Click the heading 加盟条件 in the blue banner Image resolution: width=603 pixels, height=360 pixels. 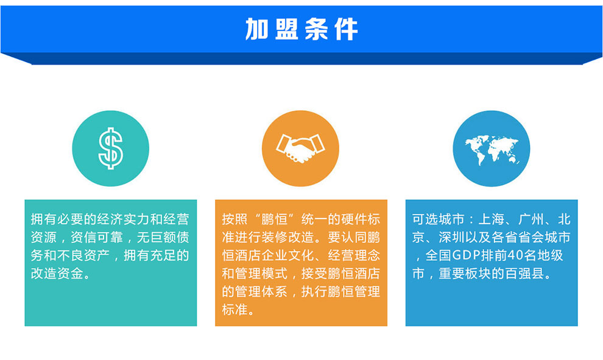[301, 29]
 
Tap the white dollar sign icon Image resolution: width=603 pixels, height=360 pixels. [111, 149]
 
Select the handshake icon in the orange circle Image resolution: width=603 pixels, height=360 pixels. [300, 148]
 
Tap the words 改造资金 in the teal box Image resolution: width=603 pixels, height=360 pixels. [57, 274]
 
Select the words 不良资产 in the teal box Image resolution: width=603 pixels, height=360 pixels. [84, 255]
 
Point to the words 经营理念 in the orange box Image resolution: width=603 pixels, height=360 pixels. [354, 255]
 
